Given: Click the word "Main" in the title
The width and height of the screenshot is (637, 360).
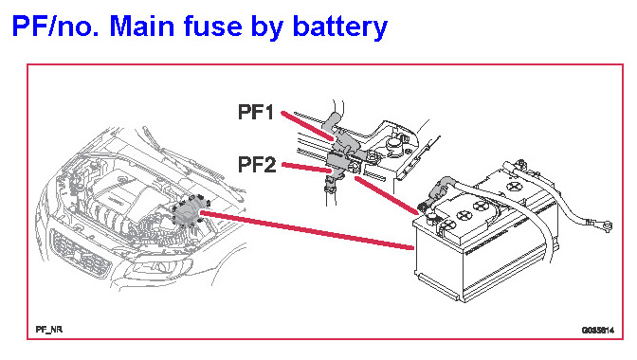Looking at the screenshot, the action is coord(142,26).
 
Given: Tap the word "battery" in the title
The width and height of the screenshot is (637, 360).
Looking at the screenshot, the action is coord(340,27).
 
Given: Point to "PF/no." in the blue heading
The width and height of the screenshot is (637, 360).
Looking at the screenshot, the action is coord(57,26).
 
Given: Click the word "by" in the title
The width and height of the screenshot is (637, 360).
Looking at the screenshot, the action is coord(267,27).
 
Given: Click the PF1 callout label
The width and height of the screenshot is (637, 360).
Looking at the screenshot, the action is coord(256,112).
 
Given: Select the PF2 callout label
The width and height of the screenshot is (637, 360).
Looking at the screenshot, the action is coord(257,165).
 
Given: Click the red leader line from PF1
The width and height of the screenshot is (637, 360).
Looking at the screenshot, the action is coord(307,126).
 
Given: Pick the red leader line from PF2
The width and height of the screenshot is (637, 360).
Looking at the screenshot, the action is coord(307,168).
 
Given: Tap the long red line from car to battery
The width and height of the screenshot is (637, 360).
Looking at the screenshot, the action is coord(307,229).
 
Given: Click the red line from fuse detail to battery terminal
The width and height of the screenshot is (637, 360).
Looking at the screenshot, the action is coord(387,195).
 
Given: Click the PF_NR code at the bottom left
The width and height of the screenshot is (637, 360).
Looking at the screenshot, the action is coord(49,330).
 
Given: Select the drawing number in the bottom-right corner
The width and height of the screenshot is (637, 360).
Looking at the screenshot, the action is coord(597,330).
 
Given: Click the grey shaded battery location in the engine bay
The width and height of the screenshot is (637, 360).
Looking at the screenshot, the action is coord(188,211).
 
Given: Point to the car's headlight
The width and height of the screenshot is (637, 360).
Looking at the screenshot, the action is coord(158,269).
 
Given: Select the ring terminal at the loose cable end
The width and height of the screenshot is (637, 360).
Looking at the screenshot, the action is coord(606,225).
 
